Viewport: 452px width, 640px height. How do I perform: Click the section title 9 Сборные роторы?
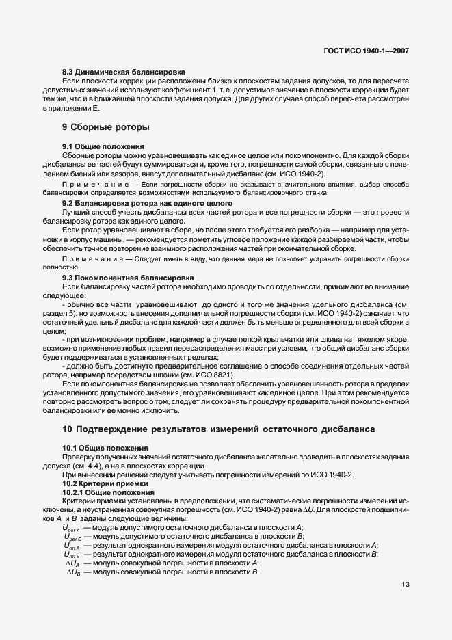tap(106, 127)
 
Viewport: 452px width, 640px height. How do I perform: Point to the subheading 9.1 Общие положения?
tap(103, 146)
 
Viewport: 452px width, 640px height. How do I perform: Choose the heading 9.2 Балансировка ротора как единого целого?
tap(147, 204)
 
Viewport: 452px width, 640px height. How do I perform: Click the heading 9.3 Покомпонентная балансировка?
tap(128, 278)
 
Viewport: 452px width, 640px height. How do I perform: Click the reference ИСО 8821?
tap(216, 375)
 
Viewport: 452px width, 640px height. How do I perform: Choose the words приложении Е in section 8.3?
tap(72, 108)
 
